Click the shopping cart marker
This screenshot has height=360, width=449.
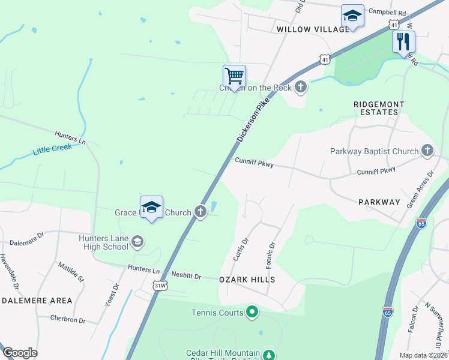(234, 76)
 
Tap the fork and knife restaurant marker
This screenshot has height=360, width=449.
(403, 41)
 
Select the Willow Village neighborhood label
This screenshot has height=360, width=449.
(313, 29)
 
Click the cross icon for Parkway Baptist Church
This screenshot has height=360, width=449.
(427, 151)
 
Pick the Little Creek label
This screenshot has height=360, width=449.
(52, 148)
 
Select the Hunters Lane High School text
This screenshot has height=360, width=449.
(103, 242)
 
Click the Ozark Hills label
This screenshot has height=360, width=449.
(247, 280)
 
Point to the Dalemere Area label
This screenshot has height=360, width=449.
(37, 300)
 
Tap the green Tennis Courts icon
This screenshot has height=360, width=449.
(252, 312)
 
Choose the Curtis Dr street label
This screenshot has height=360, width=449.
(241, 250)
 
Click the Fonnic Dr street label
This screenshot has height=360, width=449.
(270, 254)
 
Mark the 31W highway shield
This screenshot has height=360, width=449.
(159, 285)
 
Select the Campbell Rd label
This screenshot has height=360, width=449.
(387, 11)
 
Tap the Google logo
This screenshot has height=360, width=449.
(20, 353)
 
